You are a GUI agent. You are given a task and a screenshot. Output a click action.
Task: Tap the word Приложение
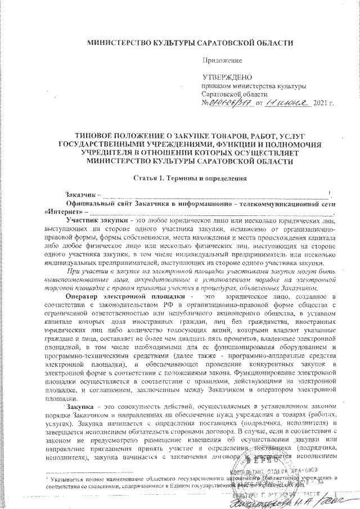222,59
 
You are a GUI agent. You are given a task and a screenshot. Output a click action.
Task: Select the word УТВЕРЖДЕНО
227,76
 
